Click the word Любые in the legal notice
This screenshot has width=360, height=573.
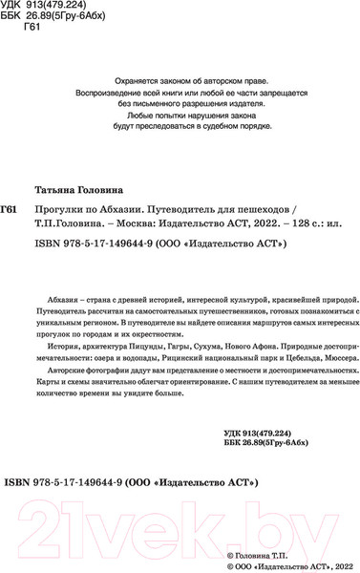point(129,114)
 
